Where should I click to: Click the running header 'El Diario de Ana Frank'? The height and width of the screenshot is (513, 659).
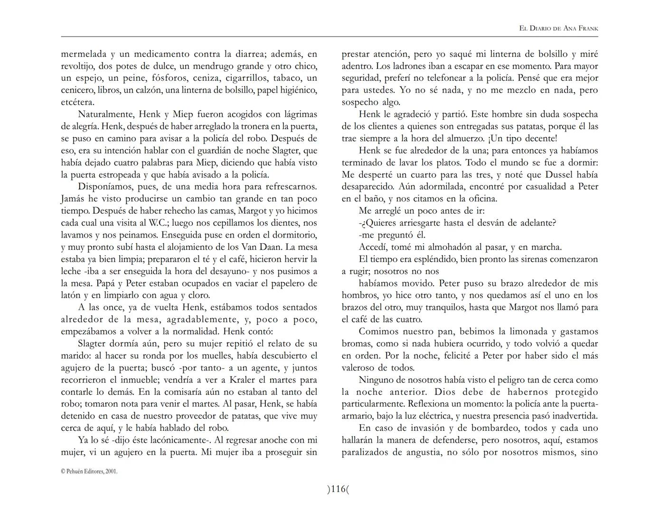[558, 28]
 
